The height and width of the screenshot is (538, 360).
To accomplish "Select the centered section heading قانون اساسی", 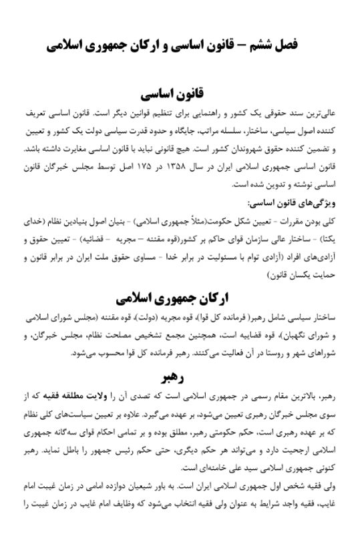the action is [180, 92].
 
